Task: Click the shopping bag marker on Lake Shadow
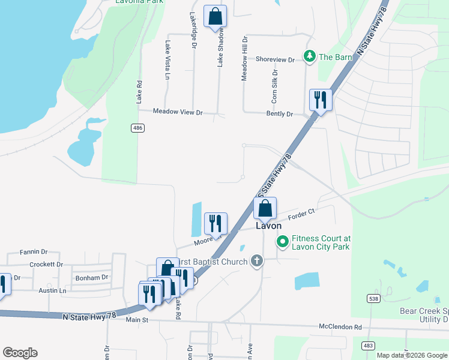pyautogui.click(x=215, y=16)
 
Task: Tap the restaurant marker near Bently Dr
pyautogui.click(x=321, y=100)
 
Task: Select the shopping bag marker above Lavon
pyautogui.click(x=265, y=208)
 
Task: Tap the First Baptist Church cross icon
pyautogui.click(x=256, y=261)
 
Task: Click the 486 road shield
pyautogui.click(x=138, y=128)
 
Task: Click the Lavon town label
pyautogui.click(x=268, y=226)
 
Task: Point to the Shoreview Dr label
pyautogui.click(x=275, y=59)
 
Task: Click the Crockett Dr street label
pyautogui.click(x=46, y=264)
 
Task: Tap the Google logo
pyautogui.click(x=20, y=352)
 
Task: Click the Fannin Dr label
pyautogui.click(x=33, y=252)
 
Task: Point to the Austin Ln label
pyautogui.click(x=53, y=290)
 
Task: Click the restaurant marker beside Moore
pyautogui.click(x=215, y=224)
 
